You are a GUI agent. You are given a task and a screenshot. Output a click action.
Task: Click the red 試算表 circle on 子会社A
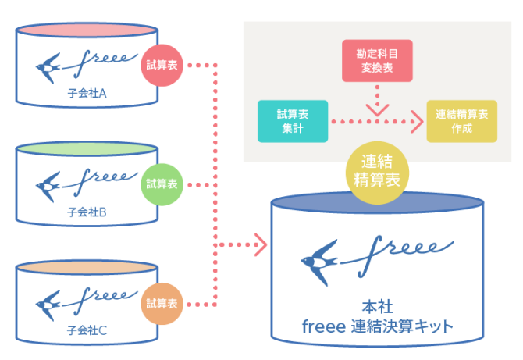(162, 66)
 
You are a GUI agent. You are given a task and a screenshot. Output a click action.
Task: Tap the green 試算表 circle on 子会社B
(162, 185)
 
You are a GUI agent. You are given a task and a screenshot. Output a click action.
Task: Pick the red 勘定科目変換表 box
(377, 62)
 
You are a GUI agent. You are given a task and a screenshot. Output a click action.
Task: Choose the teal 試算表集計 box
(292, 121)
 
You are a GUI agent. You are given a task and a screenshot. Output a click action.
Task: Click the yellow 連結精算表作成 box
(461, 121)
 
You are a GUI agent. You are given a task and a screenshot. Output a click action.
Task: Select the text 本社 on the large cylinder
(377, 307)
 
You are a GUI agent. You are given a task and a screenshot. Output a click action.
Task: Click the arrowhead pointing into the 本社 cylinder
(260, 245)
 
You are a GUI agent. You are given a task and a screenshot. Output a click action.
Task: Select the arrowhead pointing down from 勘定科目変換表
(377, 109)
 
